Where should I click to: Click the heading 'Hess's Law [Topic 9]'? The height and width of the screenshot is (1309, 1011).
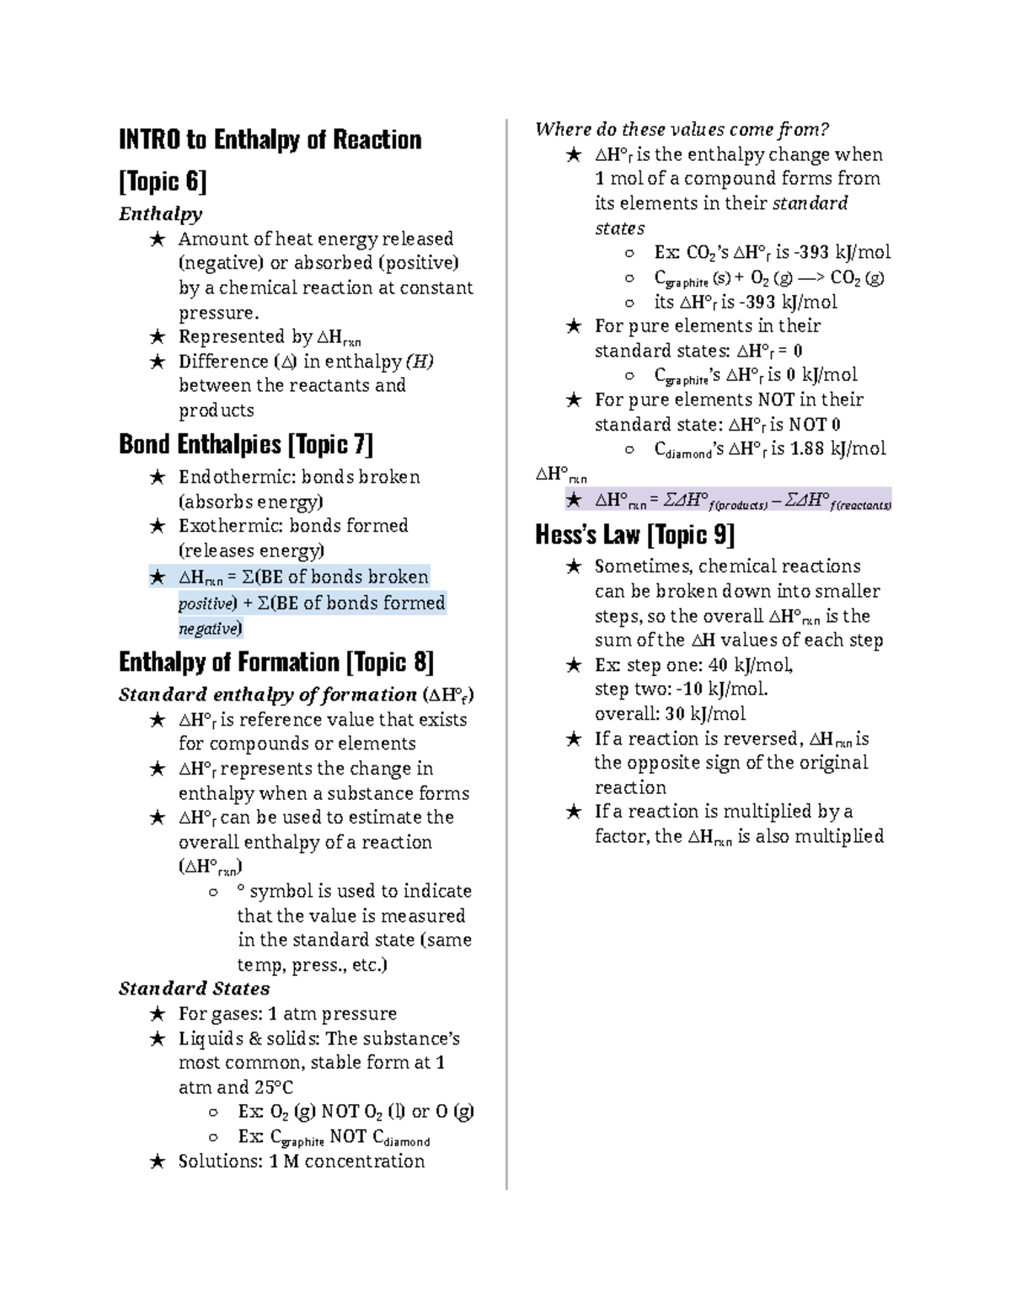click(x=635, y=534)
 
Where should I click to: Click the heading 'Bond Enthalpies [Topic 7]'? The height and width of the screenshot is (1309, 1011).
click(x=246, y=444)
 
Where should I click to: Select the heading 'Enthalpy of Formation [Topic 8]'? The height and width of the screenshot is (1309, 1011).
click(x=276, y=663)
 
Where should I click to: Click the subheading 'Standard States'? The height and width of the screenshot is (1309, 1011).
click(x=194, y=989)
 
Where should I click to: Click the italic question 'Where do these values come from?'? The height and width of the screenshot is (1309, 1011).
click(x=682, y=129)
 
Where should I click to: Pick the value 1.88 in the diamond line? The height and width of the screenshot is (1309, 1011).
click(x=807, y=448)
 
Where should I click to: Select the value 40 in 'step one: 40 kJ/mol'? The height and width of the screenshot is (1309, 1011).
click(x=718, y=665)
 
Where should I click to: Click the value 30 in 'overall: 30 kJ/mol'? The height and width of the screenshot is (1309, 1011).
click(x=675, y=714)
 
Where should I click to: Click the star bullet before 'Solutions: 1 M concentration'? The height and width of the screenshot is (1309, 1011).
click(x=157, y=1161)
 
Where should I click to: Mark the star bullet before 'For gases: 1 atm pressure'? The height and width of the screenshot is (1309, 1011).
click(x=157, y=1014)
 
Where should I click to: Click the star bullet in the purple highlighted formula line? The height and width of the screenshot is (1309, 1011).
click(x=574, y=500)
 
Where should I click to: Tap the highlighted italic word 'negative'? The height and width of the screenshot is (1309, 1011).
click(x=209, y=629)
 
